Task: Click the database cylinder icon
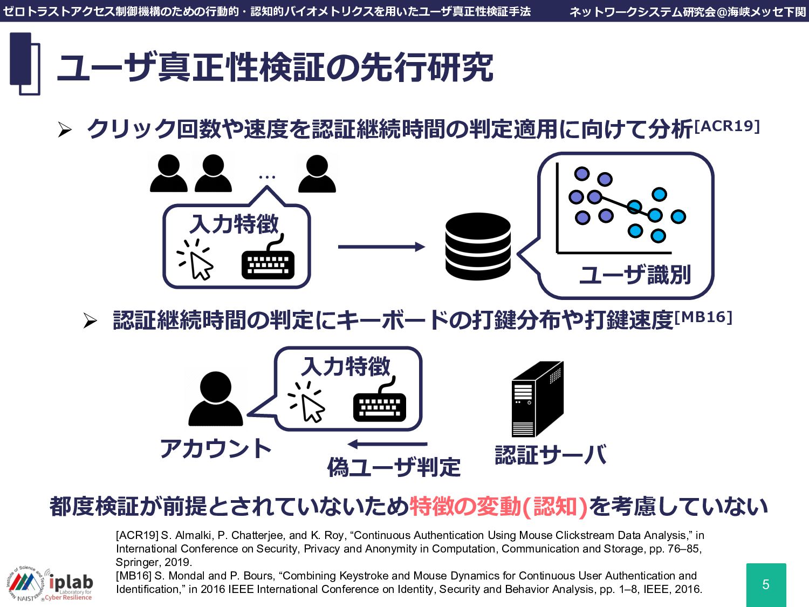click(478, 247)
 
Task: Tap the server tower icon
click(537, 399)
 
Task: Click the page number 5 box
click(766, 584)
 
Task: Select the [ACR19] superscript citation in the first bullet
click(727, 126)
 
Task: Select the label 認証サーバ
click(551, 455)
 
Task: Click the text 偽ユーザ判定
click(394, 467)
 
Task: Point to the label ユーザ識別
click(635, 275)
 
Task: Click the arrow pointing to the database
click(381, 247)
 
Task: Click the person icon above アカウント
click(216, 399)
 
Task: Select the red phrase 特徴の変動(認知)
click(498, 507)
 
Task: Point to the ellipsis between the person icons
click(267, 177)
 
